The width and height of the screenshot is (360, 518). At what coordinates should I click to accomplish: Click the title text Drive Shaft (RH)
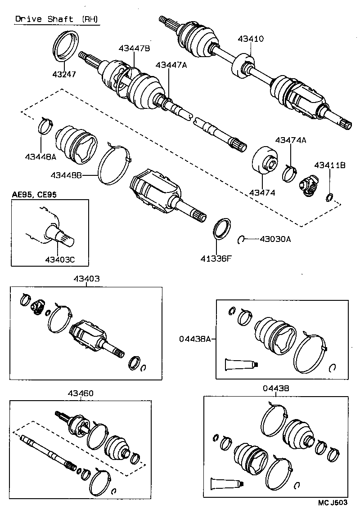click(x=56, y=19)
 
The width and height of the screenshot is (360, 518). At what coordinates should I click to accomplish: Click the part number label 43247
click(x=64, y=74)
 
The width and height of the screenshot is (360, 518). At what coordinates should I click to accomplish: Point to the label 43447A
click(x=171, y=65)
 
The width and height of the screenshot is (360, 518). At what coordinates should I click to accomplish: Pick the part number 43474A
click(x=290, y=140)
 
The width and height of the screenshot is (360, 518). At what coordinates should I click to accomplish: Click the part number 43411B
click(x=329, y=165)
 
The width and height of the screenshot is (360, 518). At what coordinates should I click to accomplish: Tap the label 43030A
click(x=275, y=239)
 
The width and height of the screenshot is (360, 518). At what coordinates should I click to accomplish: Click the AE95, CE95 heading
click(x=34, y=194)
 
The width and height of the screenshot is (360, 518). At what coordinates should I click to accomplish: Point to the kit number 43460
click(x=81, y=393)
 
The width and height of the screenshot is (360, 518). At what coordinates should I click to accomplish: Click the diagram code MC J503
click(x=332, y=503)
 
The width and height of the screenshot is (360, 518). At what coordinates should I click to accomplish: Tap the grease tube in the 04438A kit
click(x=240, y=364)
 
